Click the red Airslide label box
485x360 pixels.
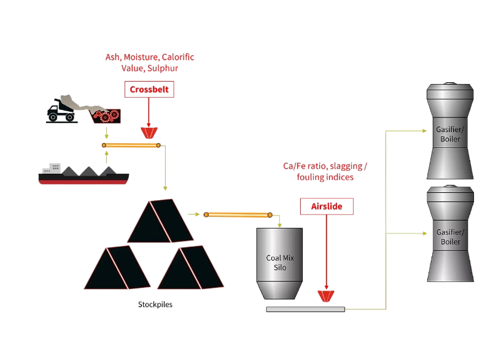coord(327,206)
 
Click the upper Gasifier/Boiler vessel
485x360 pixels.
coord(450,134)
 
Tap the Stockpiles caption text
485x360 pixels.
coord(155,304)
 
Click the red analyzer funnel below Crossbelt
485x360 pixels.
coord(149,132)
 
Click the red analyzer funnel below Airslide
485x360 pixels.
coord(326,296)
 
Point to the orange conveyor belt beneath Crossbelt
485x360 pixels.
coord(132,146)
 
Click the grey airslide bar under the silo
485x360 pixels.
coord(305,309)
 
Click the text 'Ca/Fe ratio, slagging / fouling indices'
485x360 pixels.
coord(325,171)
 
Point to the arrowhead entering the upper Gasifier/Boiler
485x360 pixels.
coord(423,131)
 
